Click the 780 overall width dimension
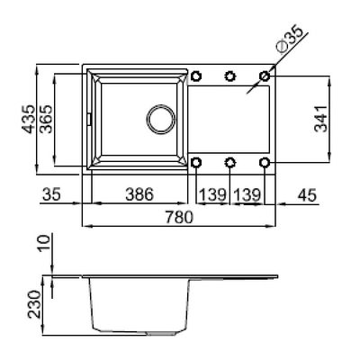click(179, 217)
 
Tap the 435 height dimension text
click(30, 119)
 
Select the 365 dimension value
click(46, 119)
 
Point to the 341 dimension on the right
click(320, 119)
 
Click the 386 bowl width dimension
click(139, 194)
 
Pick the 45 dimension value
click(307, 195)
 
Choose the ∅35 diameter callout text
click(290, 38)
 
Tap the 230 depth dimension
click(34, 304)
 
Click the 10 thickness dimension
click(44, 244)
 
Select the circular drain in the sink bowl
click(161, 119)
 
